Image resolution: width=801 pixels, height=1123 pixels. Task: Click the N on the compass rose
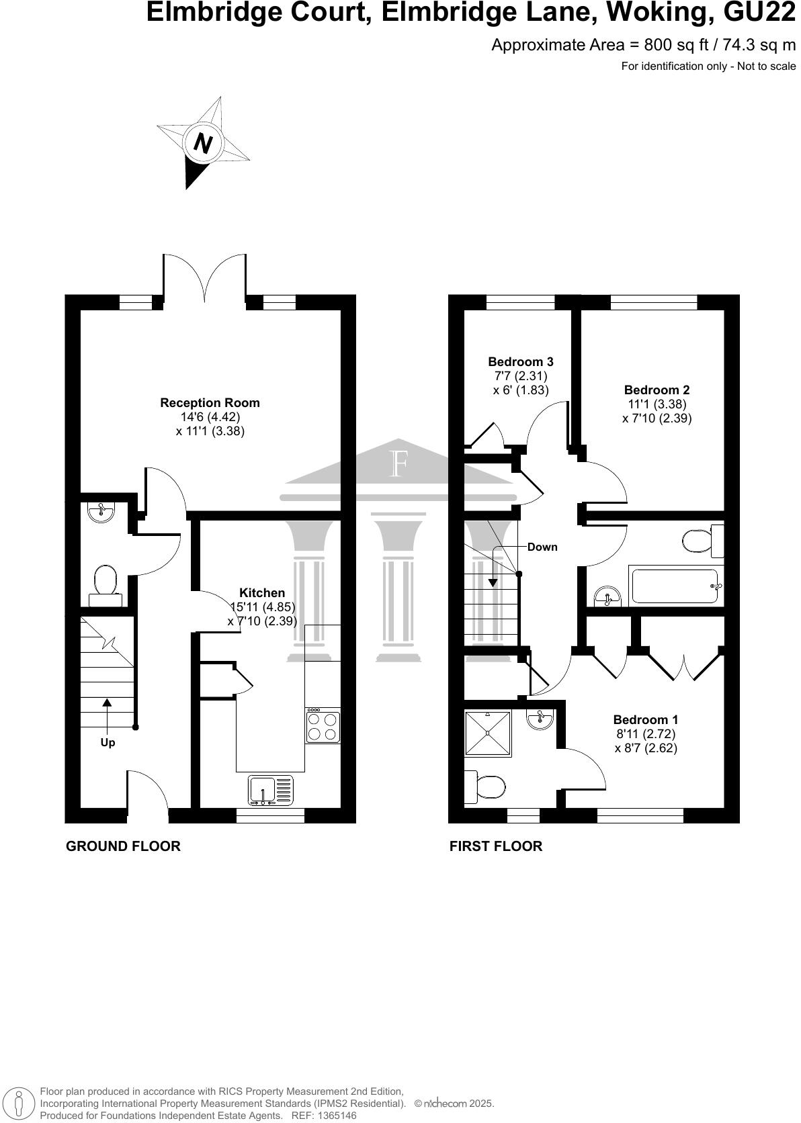point(203,143)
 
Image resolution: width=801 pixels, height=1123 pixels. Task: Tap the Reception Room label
point(210,403)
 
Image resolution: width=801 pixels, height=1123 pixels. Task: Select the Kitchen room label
point(262,593)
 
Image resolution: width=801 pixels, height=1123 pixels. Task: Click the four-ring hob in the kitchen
point(323,727)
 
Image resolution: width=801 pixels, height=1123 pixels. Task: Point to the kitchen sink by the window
point(271,791)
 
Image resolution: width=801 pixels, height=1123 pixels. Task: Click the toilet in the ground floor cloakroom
point(106,582)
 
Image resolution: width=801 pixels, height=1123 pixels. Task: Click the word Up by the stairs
point(108,743)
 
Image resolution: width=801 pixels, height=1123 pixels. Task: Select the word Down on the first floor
point(542,547)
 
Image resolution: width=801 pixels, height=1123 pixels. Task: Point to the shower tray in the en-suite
point(488,734)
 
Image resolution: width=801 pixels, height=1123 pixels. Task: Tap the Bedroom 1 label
point(645,720)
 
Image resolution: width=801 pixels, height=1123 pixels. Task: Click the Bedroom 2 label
point(657,390)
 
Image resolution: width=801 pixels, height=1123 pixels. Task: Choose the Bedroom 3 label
point(521,362)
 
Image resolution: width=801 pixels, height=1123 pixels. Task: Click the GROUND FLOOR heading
point(123,846)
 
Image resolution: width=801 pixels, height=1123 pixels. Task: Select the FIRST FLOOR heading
point(495,846)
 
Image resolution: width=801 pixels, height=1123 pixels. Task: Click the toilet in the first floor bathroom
point(697,541)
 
